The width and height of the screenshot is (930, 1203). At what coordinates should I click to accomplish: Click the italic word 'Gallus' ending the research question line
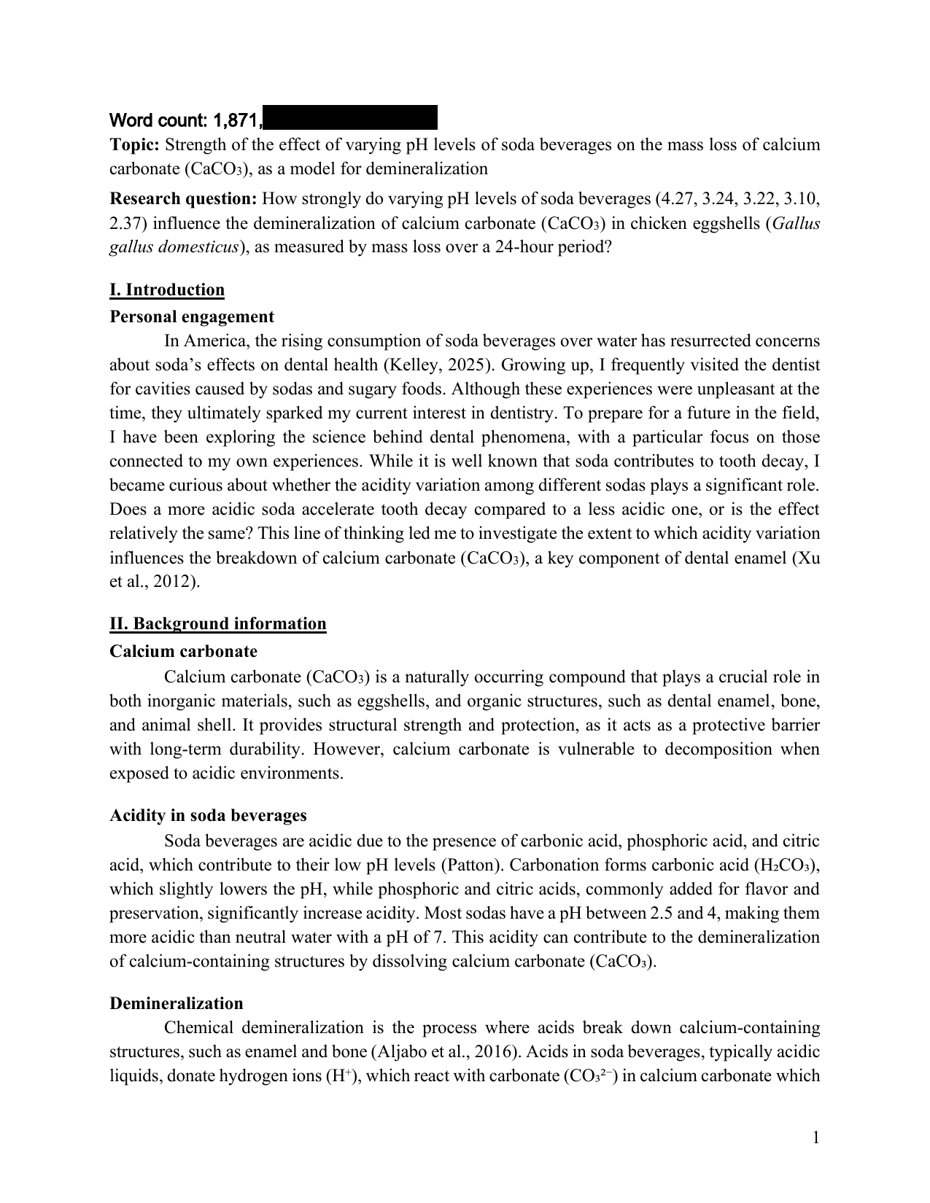(x=796, y=222)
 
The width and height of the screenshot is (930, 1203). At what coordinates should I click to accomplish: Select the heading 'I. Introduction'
(x=167, y=289)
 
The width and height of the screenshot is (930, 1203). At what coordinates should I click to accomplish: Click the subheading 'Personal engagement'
(x=192, y=316)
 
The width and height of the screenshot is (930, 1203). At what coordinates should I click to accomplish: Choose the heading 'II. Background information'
(x=218, y=623)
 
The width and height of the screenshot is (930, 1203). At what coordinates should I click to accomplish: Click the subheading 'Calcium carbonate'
(x=183, y=650)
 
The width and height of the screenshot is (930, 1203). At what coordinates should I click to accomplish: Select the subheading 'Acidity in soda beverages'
(x=208, y=814)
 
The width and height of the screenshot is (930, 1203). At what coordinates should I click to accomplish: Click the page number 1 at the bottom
(x=815, y=1137)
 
